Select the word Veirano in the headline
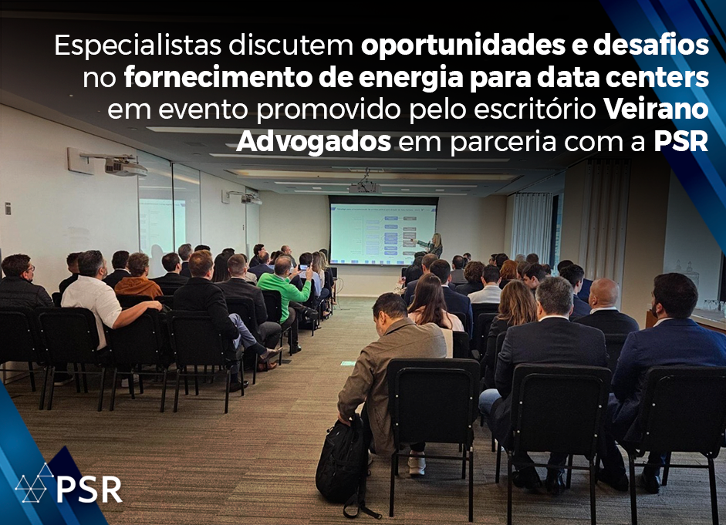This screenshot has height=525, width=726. click(x=656, y=109)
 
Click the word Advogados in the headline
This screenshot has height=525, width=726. click(x=313, y=142)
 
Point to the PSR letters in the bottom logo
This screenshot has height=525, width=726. click(x=89, y=489)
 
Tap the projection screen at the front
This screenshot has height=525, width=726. click(x=383, y=234)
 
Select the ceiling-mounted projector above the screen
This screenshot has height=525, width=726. click(x=365, y=187)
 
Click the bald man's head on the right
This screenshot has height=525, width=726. click(x=604, y=292)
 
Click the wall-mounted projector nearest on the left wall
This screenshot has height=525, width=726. click(x=124, y=166)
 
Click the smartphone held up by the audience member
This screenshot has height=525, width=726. click(x=303, y=268)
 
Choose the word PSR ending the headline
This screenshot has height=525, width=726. click(x=681, y=142)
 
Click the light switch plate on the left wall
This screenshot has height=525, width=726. click(x=8, y=208)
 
